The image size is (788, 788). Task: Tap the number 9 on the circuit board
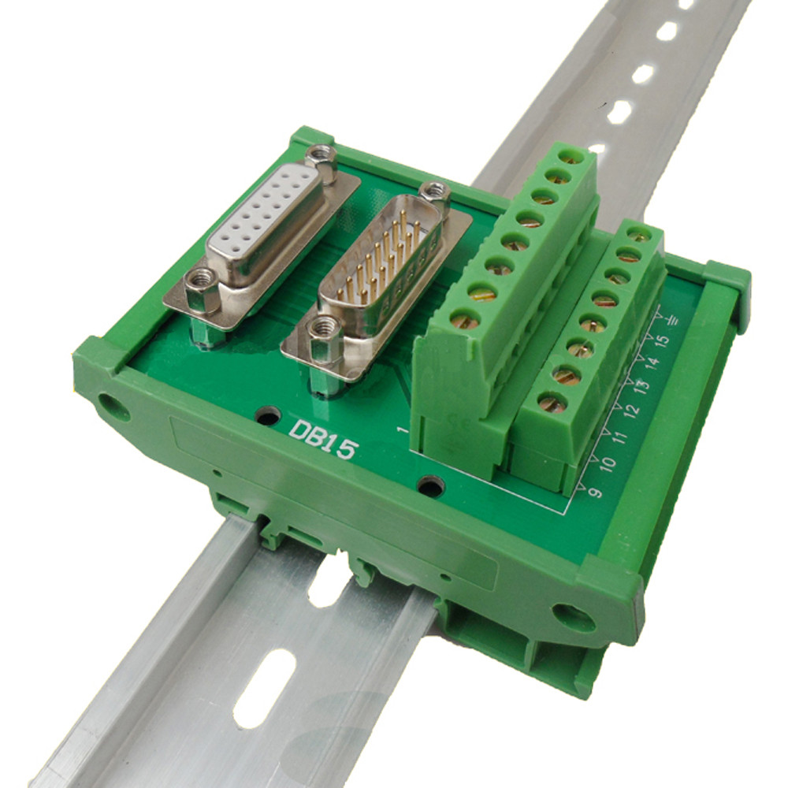point(595,491)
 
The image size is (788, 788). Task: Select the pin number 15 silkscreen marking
point(663,340)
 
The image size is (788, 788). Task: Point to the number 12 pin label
point(630,411)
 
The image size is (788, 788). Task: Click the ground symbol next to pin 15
point(673,320)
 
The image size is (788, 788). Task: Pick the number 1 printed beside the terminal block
point(403,430)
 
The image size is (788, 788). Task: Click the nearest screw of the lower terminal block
point(552,403)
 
